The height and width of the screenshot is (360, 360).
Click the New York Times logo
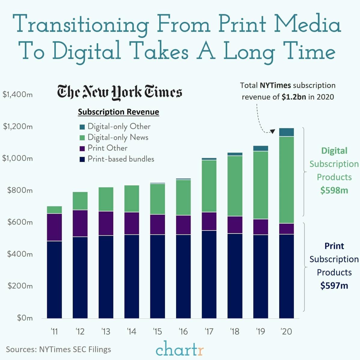[119, 92]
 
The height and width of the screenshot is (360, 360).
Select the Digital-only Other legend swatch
[82, 127]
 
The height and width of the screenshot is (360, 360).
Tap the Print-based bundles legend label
[121, 159]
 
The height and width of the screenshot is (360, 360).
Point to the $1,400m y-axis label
[17, 95]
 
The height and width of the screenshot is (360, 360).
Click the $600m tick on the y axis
[20, 222]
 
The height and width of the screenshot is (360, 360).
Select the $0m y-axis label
[25, 318]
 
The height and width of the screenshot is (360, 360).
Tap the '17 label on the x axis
[209, 331]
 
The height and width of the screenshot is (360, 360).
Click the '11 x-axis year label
[54, 331]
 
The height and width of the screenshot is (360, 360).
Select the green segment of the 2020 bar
[286, 180]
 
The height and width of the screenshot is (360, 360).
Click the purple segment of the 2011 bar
[54, 227]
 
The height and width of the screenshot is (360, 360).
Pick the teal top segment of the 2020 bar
[286, 132]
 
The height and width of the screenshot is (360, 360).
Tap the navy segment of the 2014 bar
[132, 276]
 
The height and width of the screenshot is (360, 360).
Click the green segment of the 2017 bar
[209, 186]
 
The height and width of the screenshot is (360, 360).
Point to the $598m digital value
[334, 191]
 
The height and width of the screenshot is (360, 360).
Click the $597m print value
[334, 285]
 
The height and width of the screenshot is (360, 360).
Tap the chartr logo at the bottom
[180, 349]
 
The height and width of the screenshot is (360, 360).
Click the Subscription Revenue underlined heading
[118, 112]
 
